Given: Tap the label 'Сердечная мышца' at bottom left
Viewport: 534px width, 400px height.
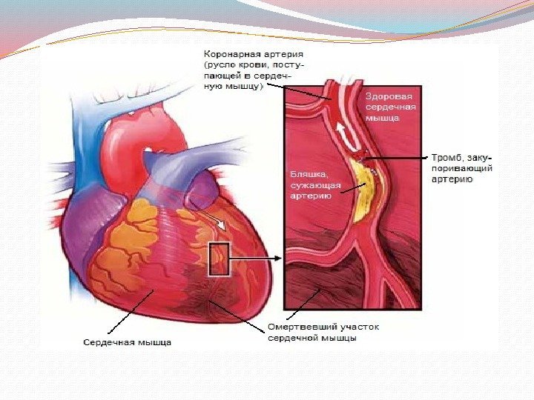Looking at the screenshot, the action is [x=127, y=342].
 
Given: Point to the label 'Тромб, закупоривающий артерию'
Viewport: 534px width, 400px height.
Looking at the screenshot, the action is [x=464, y=168].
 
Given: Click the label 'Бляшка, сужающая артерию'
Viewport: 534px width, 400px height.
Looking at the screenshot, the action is [x=315, y=184].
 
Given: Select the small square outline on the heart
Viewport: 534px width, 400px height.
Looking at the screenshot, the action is [x=221, y=259].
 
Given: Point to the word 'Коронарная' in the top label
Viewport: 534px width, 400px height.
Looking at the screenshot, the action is [x=229, y=55].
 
